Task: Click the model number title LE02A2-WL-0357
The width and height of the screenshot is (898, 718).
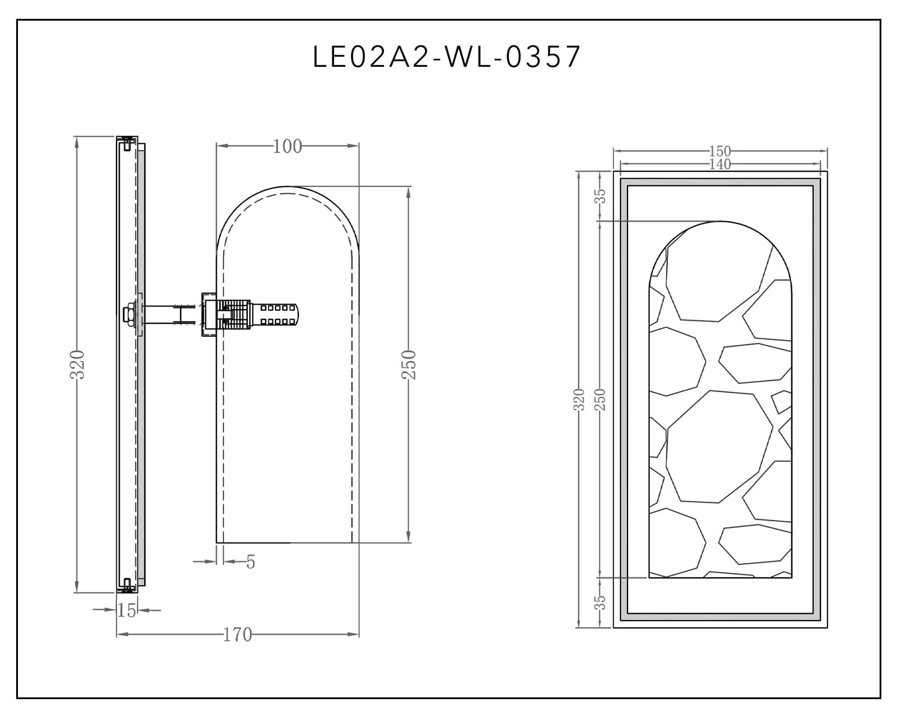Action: pyautogui.click(x=447, y=57)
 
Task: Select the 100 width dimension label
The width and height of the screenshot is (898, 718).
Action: pyautogui.click(x=287, y=146)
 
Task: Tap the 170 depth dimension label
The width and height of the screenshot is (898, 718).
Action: pyautogui.click(x=238, y=635)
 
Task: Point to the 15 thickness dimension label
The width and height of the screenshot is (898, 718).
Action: pyautogui.click(x=127, y=610)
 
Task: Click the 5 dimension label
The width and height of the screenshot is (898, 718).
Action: pyautogui.click(x=251, y=562)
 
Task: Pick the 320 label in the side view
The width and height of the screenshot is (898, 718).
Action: pyautogui.click(x=78, y=364)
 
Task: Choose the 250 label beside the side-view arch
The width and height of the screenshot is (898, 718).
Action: pyautogui.click(x=409, y=364)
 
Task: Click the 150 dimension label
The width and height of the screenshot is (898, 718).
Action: pyautogui.click(x=720, y=151)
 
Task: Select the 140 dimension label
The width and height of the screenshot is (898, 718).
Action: pyautogui.click(x=720, y=164)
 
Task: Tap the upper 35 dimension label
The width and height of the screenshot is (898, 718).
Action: pyautogui.click(x=600, y=196)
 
